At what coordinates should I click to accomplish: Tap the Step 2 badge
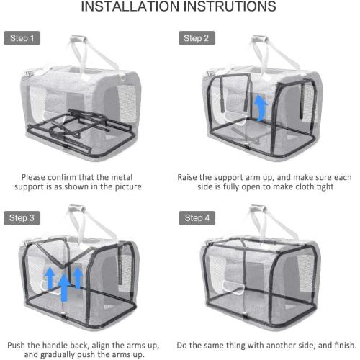[197, 38]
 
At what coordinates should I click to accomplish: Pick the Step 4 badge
[197, 217]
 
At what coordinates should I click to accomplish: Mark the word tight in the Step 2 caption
[323, 187]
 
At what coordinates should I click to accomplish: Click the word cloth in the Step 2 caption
[298, 187]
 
